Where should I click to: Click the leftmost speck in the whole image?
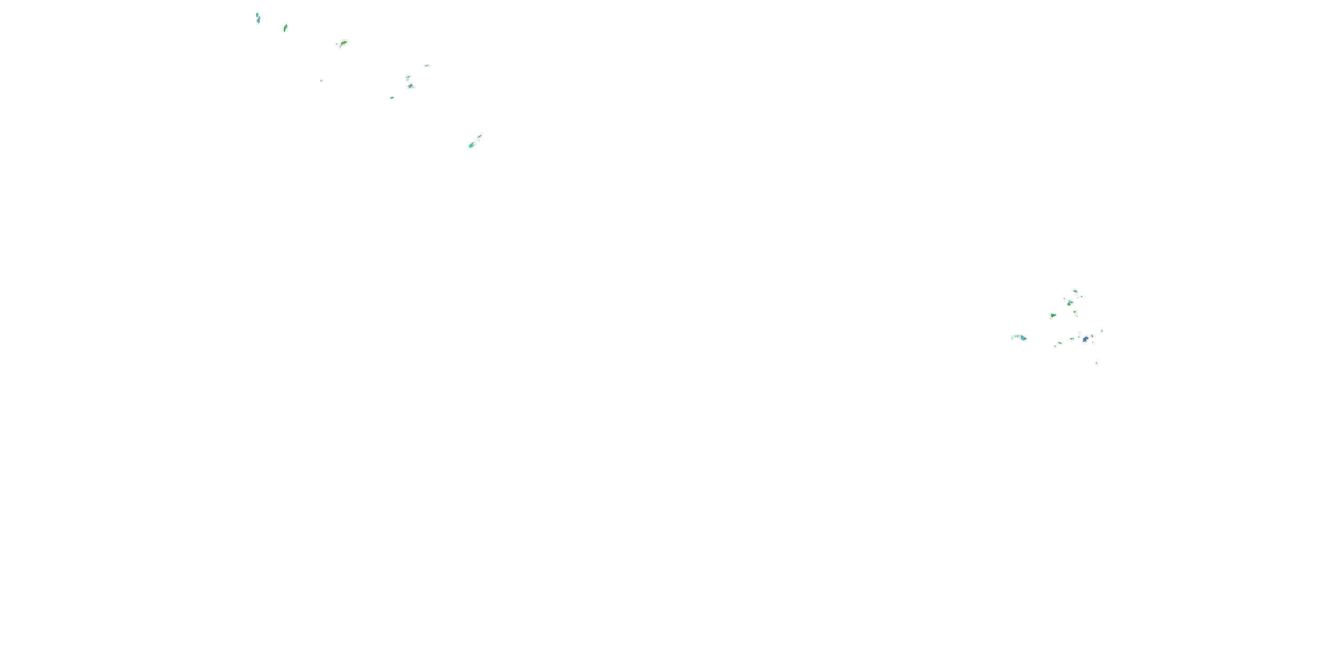pyautogui.click(x=257, y=19)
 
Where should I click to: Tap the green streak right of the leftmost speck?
pyautogui.click(x=285, y=28)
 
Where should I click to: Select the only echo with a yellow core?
pyautogui.click(x=343, y=44)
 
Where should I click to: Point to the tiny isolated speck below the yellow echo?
pyautogui.click(x=321, y=80)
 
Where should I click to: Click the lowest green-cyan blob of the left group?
pyautogui.click(x=471, y=145)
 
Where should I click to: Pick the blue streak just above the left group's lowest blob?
pyautogui.click(x=479, y=137)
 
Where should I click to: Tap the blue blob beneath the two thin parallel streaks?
pyautogui.click(x=410, y=86)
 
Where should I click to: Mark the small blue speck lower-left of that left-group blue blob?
pyautogui.click(x=392, y=97)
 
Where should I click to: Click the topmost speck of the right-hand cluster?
pyautogui.click(x=1075, y=292)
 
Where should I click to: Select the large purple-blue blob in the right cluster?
pyautogui.click(x=1085, y=339)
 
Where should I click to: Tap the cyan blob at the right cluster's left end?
pyautogui.click(x=1023, y=338)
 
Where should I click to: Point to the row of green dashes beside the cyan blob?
pyautogui.click(x=1016, y=336)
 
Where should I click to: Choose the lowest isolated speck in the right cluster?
pyautogui.click(x=1096, y=363)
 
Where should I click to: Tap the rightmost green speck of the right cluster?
pyautogui.click(x=1102, y=330)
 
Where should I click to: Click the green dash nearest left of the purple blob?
pyautogui.click(x=1072, y=339)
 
